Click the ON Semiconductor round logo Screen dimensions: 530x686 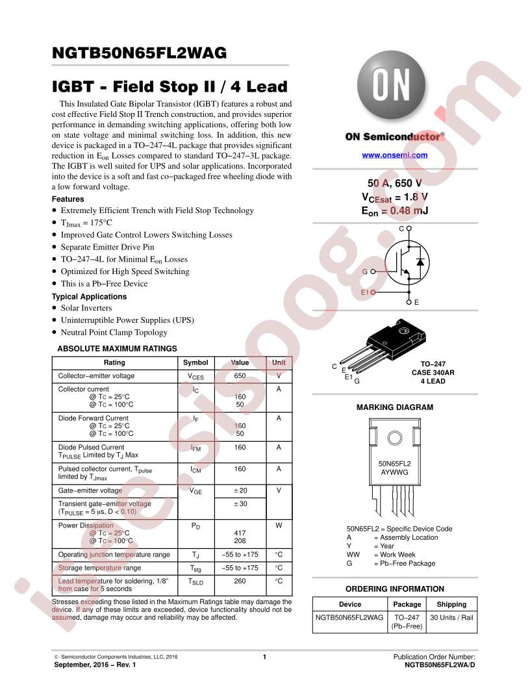392,85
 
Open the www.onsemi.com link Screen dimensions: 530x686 394,155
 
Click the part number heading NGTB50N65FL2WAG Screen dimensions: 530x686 140,53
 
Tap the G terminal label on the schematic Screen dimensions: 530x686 365,272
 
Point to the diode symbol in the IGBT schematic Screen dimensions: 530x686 420,262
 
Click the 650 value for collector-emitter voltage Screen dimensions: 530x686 240,376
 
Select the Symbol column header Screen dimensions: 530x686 196,362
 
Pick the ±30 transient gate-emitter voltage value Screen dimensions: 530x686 240,503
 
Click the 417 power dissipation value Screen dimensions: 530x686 240,533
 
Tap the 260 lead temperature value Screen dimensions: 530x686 240,581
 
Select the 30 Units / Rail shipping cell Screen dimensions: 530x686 451,617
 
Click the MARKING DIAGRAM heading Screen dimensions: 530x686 394,407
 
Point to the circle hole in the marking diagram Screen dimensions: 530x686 394,438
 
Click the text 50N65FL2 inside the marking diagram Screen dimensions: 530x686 394,464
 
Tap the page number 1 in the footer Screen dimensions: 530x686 264,657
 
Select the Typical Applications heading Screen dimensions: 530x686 89,297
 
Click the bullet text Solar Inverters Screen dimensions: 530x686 86,308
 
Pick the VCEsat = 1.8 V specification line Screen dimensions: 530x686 394,197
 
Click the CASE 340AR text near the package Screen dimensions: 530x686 433,373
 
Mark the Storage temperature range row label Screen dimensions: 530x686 100,568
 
